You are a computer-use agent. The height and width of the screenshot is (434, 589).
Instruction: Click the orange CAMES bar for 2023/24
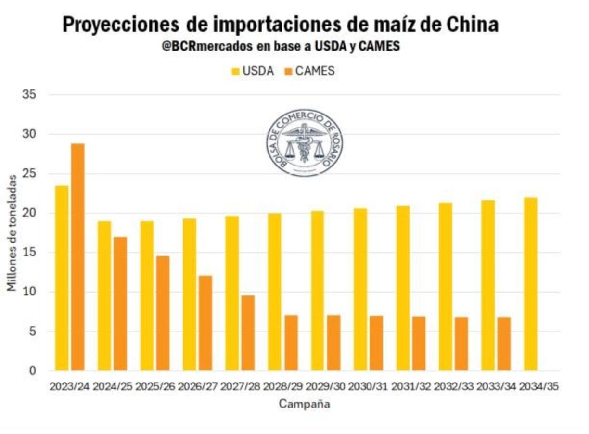coord(78,257)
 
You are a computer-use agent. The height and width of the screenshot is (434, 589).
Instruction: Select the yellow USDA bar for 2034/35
coord(530,284)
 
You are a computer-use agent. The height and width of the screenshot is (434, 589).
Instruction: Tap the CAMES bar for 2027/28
coord(248,333)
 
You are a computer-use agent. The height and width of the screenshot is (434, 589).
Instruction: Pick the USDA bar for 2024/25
coord(104,296)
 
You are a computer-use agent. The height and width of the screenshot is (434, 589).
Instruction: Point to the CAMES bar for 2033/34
coord(504,344)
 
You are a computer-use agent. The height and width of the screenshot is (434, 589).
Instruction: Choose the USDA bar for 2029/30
coord(317,291)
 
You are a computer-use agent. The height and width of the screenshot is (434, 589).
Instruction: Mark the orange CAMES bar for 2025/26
coord(163,313)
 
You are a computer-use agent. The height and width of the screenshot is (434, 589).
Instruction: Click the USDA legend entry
coord(253,71)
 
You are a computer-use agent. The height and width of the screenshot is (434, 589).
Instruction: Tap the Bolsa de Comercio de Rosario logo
coord(304,142)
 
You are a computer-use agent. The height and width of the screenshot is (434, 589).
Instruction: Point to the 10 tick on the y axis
coord(30,292)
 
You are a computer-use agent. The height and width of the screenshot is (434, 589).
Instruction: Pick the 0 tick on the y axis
coord(33,370)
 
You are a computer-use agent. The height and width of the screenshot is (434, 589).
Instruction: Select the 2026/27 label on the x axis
coord(198,386)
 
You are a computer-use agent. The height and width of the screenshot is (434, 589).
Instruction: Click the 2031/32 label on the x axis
coord(411,386)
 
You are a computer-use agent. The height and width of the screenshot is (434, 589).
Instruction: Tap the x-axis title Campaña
coord(304,404)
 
